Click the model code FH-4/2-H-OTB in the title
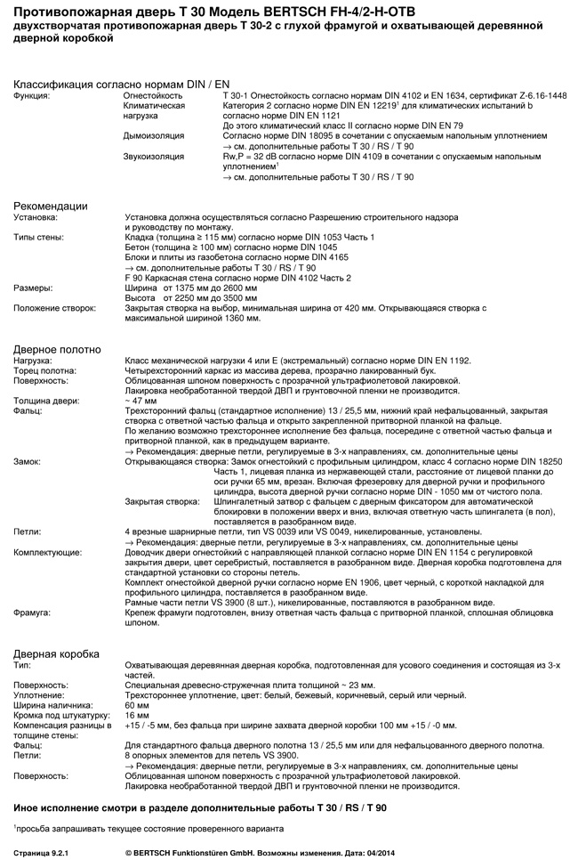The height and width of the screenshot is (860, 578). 376,12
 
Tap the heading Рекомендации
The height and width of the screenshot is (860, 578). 50,207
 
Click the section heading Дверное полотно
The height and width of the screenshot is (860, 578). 57,350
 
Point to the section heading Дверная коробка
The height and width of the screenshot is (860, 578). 55,653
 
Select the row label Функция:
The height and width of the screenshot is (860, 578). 32,94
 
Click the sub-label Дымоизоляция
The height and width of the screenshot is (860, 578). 153,135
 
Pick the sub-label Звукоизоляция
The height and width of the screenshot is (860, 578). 155,156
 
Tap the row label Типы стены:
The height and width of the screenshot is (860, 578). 38,238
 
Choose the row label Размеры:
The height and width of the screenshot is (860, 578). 33,288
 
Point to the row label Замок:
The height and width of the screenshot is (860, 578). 27,463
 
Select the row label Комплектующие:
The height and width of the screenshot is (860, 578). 47,552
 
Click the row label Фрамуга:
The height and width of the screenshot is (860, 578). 31,613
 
